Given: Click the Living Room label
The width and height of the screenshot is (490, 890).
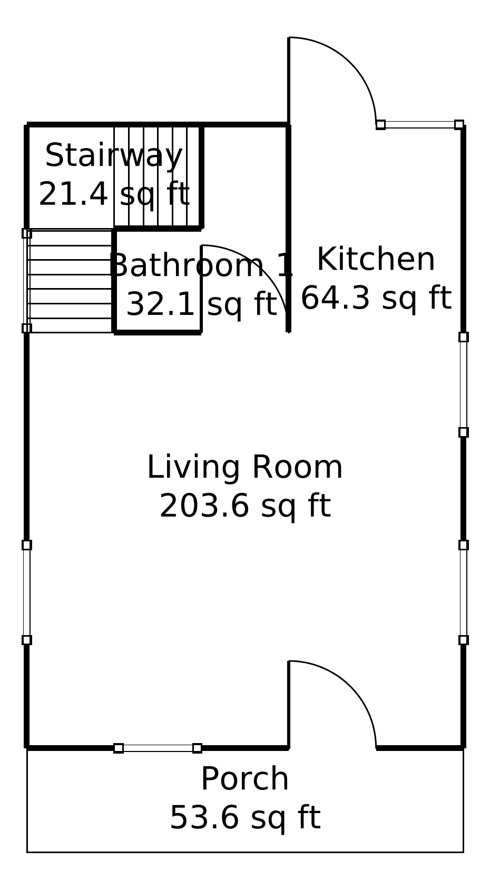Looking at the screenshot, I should pos(244,468).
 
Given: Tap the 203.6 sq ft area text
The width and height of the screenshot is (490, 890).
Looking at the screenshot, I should pos(244,507).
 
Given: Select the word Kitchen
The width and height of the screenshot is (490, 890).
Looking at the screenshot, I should pos(376,260).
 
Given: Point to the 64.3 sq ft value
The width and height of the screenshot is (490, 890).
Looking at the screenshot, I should pos(376,299).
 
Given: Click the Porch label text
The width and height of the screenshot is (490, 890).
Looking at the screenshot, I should pos(244,779).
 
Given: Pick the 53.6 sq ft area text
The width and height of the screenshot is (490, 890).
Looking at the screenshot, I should pos(244,818).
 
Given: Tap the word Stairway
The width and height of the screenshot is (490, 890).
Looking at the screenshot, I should pos(114,156).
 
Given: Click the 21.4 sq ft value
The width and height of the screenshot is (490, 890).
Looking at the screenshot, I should pos(114,195).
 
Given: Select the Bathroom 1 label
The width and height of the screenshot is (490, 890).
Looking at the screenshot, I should pos(200,266).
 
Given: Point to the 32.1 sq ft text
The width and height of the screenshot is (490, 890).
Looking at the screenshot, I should pos(201,305).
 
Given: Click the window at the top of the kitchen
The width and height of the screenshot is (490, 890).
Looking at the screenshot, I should pos(420,125).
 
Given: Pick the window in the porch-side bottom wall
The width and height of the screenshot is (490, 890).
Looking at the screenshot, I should pos(158,748).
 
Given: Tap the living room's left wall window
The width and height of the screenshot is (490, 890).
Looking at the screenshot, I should pos(27,592).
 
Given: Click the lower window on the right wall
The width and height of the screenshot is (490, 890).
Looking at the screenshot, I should pos(463,592).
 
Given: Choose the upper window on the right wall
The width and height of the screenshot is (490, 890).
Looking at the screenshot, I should pos(463,384).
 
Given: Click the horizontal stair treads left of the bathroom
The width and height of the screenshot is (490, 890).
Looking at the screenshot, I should pos(70,281).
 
